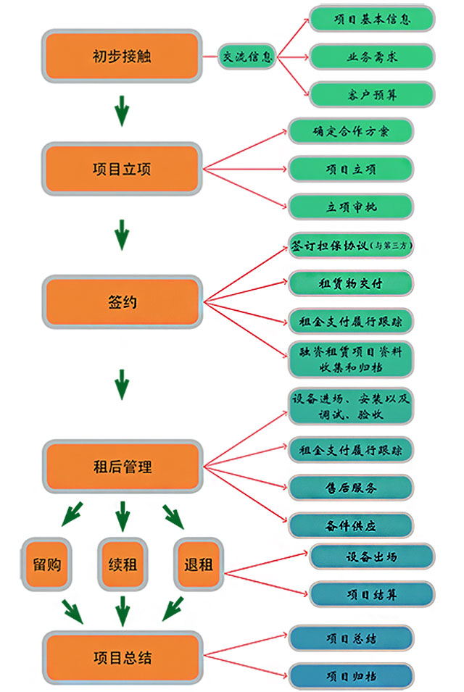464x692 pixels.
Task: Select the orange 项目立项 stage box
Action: pyautogui.click(x=122, y=169)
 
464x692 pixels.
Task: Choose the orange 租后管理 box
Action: pyautogui.click(x=122, y=466)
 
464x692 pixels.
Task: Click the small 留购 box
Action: pyautogui.click(x=46, y=564)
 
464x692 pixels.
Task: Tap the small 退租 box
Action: pyautogui.click(x=198, y=564)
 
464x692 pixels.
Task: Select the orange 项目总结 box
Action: pyautogui.click(x=122, y=658)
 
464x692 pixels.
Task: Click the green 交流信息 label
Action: pyautogui.click(x=248, y=56)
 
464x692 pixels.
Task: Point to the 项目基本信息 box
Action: pyautogui.click(x=372, y=19)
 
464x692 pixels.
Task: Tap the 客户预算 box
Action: pyautogui.click(x=372, y=94)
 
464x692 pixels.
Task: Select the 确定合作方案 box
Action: pyautogui.click(x=351, y=131)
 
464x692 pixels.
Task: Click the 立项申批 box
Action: pyautogui.click(x=351, y=207)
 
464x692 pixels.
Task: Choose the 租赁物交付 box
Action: pyautogui.click(x=351, y=283)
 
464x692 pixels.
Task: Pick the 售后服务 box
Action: pyautogui.click(x=351, y=488)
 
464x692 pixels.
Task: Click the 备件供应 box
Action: pyautogui.click(x=351, y=525)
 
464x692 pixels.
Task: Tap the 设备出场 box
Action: pyautogui.click(x=372, y=557)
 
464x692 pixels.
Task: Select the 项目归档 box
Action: pyautogui.click(x=351, y=676)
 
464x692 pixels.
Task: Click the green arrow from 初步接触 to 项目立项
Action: pyautogui.click(x=122, y=112)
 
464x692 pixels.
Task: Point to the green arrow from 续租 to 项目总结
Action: pyautogui.click(x=122, y=610)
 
